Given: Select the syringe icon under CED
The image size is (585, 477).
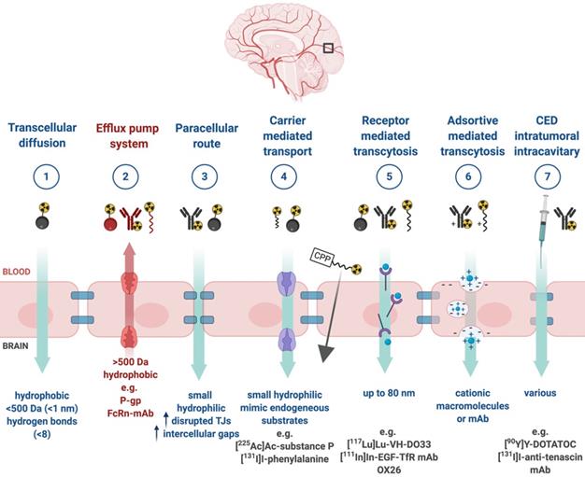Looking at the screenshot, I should click(539, 220).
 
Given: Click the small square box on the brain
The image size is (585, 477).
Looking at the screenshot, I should click(329, 49).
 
